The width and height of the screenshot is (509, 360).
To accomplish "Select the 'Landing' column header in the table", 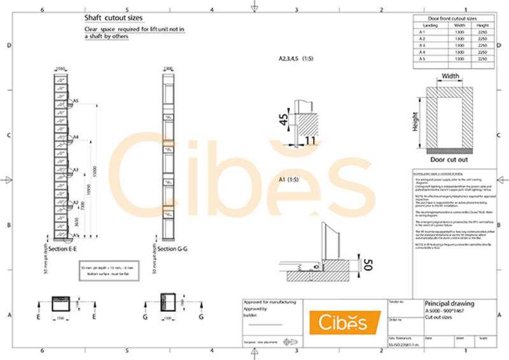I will (430, 25).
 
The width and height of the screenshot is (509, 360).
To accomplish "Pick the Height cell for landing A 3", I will (482, 46).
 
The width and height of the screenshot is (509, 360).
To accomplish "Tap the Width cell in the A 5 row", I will (459, 59).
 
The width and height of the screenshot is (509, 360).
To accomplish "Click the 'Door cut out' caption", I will (449, 160).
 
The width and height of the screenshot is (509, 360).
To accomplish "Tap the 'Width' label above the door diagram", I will (450, 76).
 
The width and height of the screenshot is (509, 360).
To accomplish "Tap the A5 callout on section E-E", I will (75, 101).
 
